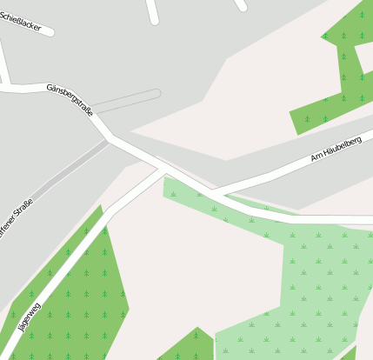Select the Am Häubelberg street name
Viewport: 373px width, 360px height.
click(336, 148)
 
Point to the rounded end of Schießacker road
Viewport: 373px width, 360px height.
click(50, 32)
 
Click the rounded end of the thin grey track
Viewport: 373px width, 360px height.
click(157, 92)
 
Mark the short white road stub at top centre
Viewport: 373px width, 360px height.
click(153, 11)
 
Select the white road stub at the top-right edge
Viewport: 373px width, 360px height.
click(241, 4)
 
